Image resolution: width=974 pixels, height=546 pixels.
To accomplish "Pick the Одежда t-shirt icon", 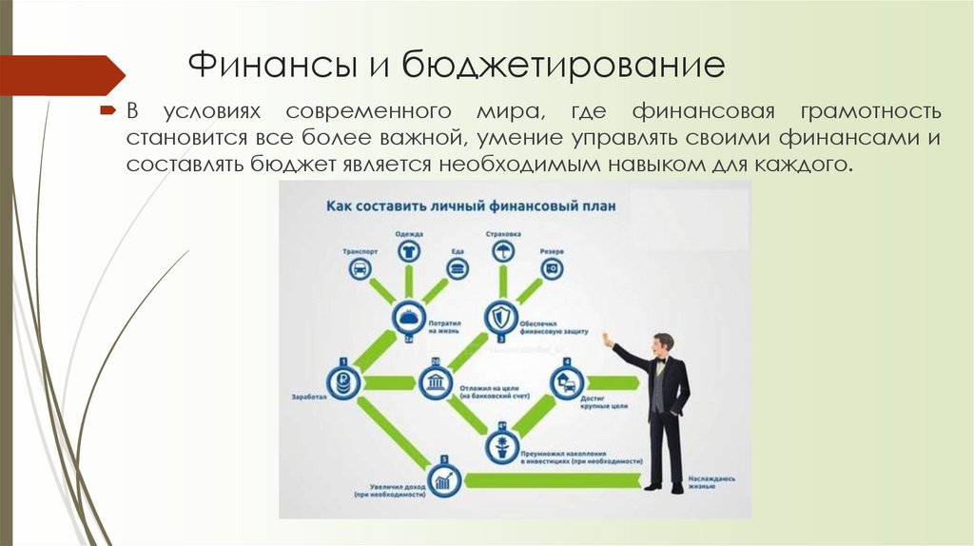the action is [x=409, y=250].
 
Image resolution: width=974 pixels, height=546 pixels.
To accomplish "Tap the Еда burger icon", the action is [x=458, y=269].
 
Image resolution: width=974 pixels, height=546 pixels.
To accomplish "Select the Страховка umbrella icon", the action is [x=502, y=250].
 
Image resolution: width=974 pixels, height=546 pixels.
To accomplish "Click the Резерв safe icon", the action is [x=552, y=269].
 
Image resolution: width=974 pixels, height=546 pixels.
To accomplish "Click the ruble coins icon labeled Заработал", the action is [x=342, y=382].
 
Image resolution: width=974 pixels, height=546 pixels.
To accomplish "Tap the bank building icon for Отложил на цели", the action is [x=434, y=382].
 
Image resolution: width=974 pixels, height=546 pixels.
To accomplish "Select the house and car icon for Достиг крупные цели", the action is [x=566, y=382].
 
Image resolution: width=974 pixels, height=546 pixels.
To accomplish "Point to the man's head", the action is [x=663, y=343].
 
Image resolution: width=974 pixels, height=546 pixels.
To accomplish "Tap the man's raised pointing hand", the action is [x=608, y=338].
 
